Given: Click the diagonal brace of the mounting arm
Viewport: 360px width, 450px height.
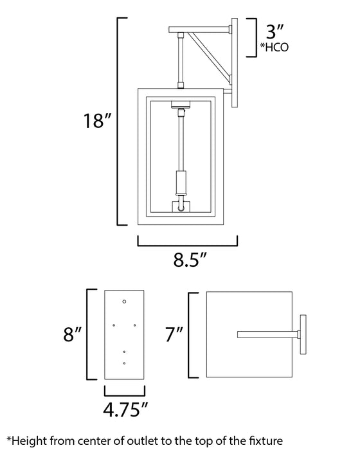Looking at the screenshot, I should [210, 54].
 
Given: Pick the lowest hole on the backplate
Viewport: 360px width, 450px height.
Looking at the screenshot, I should [124, 364].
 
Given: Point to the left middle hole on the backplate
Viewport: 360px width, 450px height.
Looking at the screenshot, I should [114, 325].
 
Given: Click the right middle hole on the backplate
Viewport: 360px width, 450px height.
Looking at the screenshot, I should [134, 325].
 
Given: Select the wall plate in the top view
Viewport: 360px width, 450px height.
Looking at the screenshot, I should [305, 334].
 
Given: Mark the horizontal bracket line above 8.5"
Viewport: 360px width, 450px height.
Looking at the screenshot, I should [187, 244].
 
